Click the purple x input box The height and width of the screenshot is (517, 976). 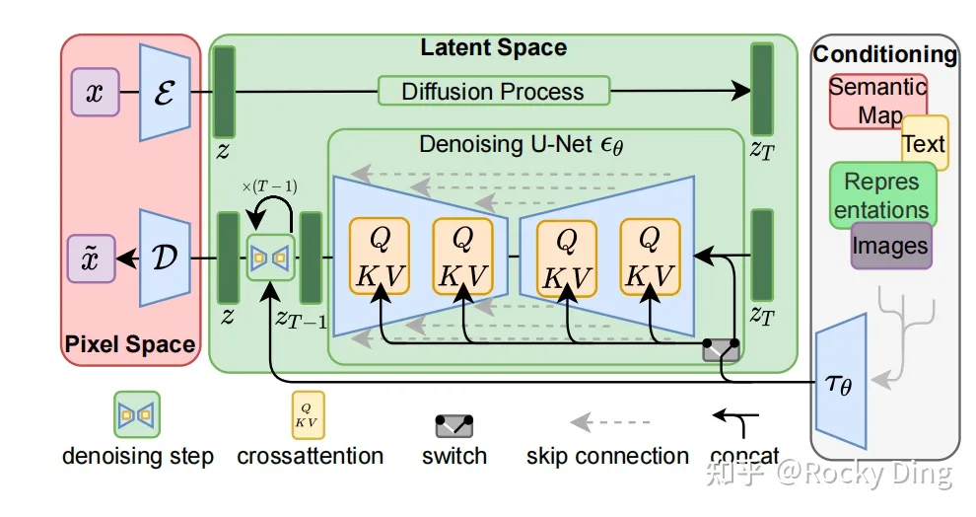click(x=95, y=92)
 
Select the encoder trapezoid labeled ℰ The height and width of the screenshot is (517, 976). click(x=165, y=92)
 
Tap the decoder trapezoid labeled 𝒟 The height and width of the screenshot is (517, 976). click(x=165, y=258)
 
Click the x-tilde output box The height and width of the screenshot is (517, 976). click(x=92, y=258)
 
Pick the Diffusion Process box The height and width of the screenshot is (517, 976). click(x=494, y=91)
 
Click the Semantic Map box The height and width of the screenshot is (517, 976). click(x=877, y=102)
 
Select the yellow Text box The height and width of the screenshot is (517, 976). click(x=926, y=143)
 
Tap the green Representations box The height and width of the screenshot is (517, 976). click(x=882, y=195)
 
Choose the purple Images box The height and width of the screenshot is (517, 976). click(x=891, y=246)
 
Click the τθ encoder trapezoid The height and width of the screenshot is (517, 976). click(x=841, y=381)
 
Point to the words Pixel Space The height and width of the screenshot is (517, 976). click(x=129, y=343)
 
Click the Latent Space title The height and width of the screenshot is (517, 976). click(x=494, y=47)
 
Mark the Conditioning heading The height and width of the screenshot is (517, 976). click(x=884, y=54)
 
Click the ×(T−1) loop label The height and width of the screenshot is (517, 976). click(x=269, y=186)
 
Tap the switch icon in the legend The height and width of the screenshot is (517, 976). click(x=453, y=426)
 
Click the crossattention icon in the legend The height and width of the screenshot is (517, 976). click(x=309, y=414)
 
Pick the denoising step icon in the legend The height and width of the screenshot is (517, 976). click(x=137, y=414)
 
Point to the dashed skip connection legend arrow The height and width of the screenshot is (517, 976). click(x=610, y=422)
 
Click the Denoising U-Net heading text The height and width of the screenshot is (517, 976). click(x=521, y=144)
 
